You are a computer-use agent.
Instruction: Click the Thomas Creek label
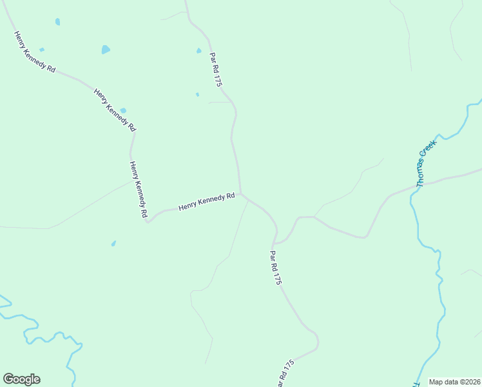click(426, 164)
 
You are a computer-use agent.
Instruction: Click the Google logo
click(21, 379)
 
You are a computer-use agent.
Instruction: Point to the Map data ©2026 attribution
click(454, 381)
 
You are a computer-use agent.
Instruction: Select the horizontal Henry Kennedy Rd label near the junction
click(206, 202)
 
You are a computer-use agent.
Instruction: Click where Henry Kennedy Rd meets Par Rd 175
click(241, 193)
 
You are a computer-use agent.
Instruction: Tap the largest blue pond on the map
click(106, 49)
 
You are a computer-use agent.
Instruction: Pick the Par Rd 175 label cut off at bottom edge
click(285, 373)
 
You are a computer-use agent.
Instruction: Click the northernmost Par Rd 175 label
click(216, 70)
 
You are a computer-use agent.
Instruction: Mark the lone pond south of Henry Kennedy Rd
click(113, 243)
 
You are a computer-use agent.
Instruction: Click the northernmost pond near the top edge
click(57, 21)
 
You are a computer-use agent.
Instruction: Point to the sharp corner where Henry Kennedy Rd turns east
click(148, 222)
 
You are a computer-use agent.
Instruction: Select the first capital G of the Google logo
click(8, 379)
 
